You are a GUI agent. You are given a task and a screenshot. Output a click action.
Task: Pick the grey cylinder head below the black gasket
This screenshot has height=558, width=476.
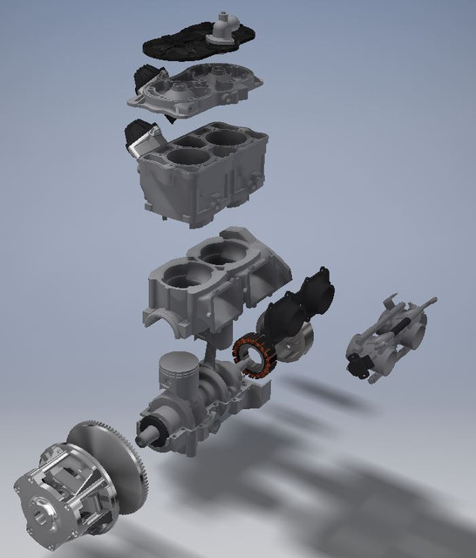point(201,86)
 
